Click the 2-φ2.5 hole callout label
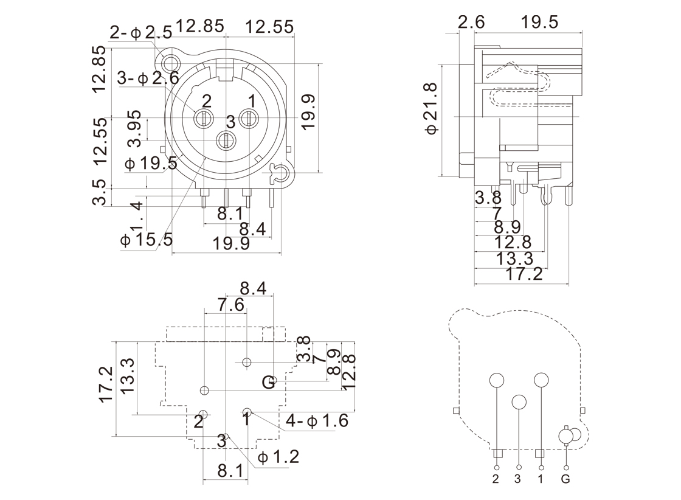(x=140, y=31)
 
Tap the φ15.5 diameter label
(x=147, y=240)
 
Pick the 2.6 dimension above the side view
(x=471, y=23)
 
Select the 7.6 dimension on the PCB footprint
(x=230, y=305)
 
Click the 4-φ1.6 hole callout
(x=317, y=420)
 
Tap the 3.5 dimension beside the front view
(x=100, y=192)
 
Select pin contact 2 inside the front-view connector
(x=203, y=119)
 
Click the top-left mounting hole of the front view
(x=170, y=62)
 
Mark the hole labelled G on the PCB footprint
(x=273, y=382)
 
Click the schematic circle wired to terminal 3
(x=519, y=402)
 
